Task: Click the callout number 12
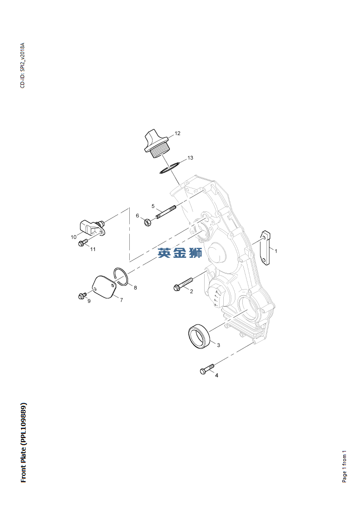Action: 177,134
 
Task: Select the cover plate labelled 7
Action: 105,287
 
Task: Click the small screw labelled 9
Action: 82,296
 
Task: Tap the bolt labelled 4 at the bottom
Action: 207,369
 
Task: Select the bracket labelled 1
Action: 266,248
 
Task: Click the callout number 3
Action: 219,345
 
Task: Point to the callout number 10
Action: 73,237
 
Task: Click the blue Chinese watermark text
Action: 180,253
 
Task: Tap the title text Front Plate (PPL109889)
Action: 23,442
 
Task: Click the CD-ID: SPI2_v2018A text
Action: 22,66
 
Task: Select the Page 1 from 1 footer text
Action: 344,466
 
